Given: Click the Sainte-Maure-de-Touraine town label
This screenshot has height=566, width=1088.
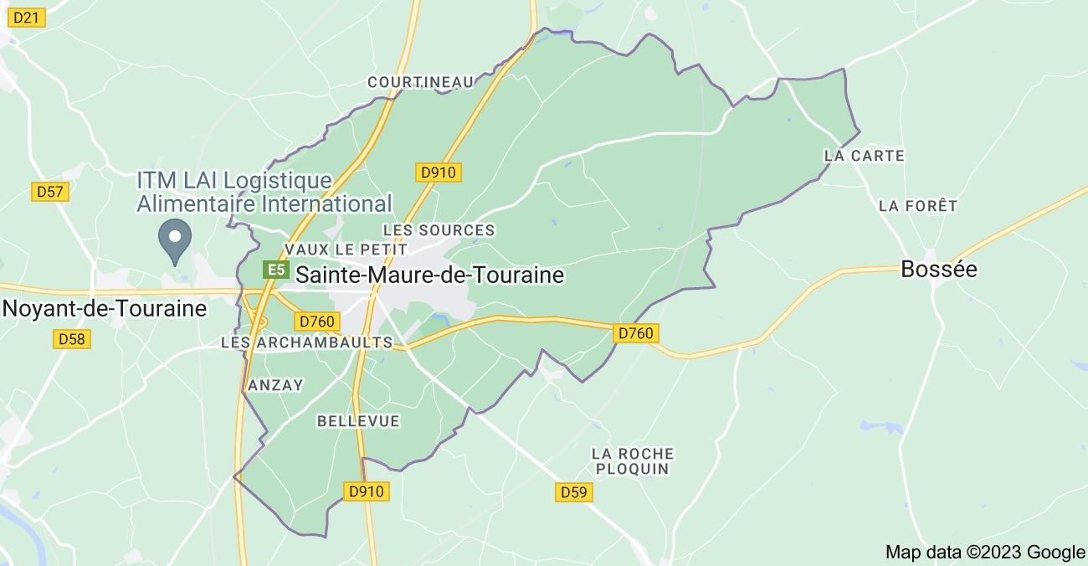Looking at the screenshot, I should tap(429, 275).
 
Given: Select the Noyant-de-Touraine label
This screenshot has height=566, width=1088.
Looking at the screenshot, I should tap(105, 308).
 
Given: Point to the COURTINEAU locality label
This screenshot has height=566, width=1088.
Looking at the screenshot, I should tap(420, 81).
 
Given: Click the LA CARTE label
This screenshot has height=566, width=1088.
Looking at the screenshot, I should tap(865, 156).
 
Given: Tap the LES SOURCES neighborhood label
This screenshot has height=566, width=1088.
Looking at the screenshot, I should tap(439, 229).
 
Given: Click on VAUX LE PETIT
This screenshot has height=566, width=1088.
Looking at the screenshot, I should tap(346, 250).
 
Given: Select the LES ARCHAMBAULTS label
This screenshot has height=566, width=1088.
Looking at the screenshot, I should tap(306, 342).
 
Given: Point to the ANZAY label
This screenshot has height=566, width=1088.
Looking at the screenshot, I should tap(276, 384).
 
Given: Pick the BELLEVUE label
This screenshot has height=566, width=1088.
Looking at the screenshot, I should tap(358, 421).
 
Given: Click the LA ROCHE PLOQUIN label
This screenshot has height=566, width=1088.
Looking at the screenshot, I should tap(632, 461).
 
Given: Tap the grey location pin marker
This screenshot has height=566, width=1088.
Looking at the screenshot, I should tap(175, 239).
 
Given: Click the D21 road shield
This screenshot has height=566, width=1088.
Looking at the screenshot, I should tap(28, 18).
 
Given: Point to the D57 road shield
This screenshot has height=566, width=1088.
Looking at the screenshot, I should tap(50, 192).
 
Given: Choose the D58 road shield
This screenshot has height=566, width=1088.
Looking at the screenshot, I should tap(73, 339).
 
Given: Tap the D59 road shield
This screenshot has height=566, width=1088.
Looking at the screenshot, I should tap(574, 492).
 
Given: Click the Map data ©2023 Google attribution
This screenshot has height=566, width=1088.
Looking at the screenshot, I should tap(985, 552).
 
